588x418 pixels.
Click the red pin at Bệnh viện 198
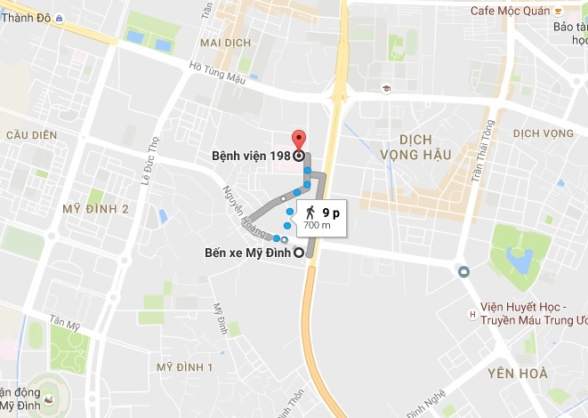pyautogui.click(x=299, y=141)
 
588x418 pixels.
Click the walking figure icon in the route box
pyautogui.click(x=310, y=213)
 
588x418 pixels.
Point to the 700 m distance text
pyautogui.click(x=317, y=226)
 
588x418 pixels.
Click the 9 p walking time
pyautogui.click(x=331, y=213)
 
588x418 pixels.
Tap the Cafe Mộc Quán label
pyautogui.click(x=509, y=11)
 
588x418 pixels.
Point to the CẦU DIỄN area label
pyautogui.click(x=31, y=135)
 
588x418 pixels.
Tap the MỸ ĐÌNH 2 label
pyautogui.click(x=95, y=209)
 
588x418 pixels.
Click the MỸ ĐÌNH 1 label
pyautogui.click(x=184, y=367)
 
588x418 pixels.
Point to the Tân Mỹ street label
pyautogui.click(x=66, y=322)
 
